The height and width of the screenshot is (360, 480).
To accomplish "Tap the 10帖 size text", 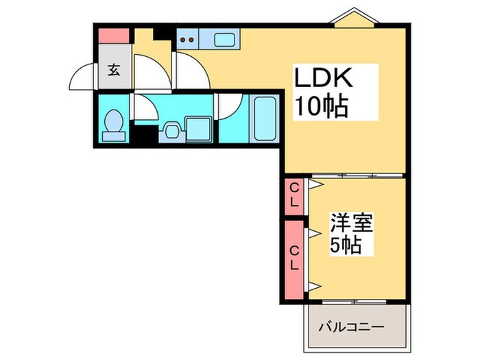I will click(320, 106).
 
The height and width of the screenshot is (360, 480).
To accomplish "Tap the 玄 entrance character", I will click(112, 69).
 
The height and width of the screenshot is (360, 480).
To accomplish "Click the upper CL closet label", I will click(293, 195).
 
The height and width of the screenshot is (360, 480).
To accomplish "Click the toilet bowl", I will click(112, 125).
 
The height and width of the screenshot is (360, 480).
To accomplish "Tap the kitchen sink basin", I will click(225, 38).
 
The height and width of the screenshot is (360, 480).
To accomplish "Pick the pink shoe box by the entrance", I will click(113, 34).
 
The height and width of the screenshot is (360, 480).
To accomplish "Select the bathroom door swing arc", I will click(229, 106).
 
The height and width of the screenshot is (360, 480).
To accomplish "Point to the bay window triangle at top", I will click(353, 17).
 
